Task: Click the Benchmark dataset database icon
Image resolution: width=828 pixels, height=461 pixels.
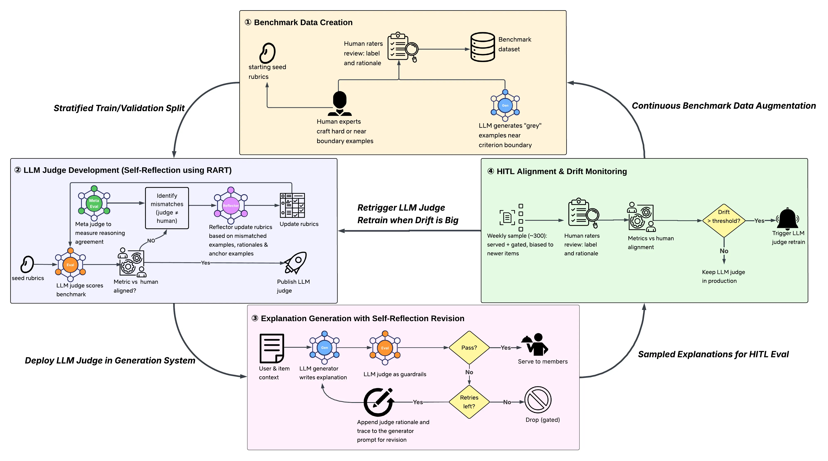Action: click(x=482, y=47)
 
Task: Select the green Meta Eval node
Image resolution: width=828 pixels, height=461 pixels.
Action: click(x=94, y=203)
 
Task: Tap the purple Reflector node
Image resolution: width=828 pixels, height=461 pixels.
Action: click(x=231, y=206)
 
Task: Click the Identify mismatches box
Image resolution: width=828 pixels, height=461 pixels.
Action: click(x=167, y=208)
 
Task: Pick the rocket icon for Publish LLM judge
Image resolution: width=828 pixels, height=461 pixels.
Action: click(x=295, y=263)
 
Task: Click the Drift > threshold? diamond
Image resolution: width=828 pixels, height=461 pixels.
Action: click(x=724, y=221)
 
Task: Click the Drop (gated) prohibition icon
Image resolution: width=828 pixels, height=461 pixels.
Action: click(x=538, y=400)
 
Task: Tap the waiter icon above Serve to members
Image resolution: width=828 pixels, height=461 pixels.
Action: click(x=535, y=344)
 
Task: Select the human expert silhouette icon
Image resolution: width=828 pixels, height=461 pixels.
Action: click(x=340, y=104)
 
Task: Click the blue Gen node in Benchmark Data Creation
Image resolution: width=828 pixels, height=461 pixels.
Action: click(x=505, y=105)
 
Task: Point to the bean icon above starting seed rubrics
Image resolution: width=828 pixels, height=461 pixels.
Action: click(x=267, y=53)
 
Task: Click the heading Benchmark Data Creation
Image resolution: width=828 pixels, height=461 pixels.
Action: click(x=303, y=22)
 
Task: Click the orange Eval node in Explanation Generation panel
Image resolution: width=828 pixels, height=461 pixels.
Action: click(x=385, y=348)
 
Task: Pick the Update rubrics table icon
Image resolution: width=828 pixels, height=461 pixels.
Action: click(x=292, y=205)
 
